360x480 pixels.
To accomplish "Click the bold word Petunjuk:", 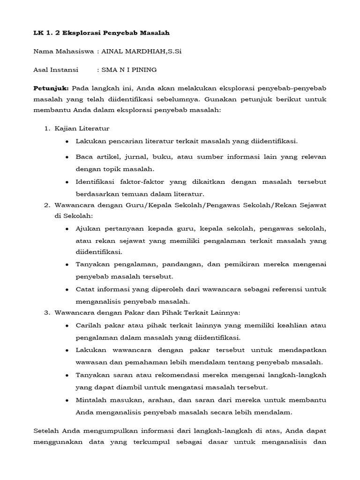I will [52, 88].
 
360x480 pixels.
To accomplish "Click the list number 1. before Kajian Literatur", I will [47, 128].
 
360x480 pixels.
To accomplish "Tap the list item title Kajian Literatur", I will [82, 128].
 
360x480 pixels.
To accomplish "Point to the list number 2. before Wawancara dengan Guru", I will [47, 205].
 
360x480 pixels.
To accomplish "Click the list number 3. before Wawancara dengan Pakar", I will [47, 313].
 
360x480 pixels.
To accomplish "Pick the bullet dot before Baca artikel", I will [67, 157].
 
